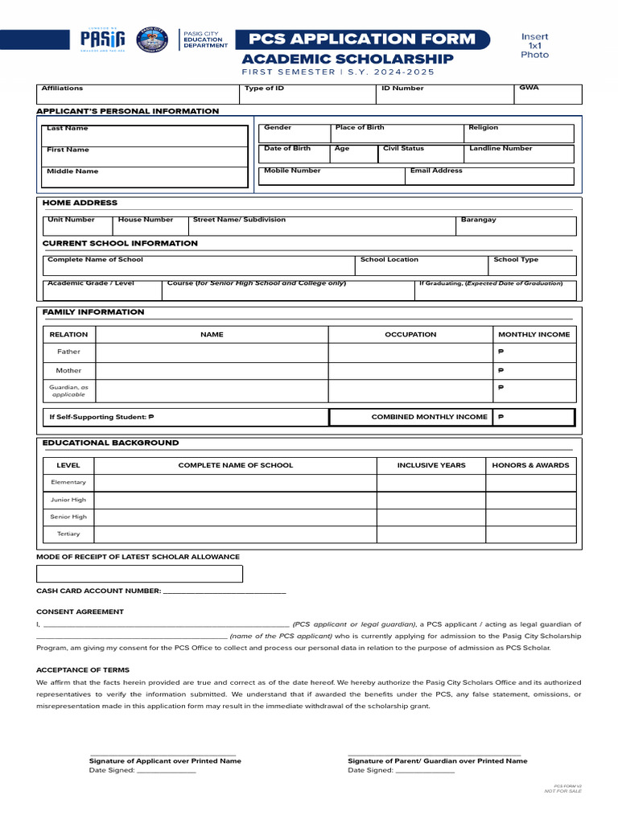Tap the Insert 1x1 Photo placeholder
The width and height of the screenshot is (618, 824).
point(534,46)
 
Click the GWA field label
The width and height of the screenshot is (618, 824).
point(529,87)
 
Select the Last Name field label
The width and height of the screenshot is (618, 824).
point(68,129)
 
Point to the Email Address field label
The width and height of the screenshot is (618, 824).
point(436,171)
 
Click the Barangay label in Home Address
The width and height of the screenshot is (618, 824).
point(478,220)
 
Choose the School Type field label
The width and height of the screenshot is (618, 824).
point(516,260)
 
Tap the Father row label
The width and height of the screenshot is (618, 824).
point(68,352)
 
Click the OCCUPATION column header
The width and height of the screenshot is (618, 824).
point(410,334)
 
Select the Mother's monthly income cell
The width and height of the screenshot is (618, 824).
point(534,371)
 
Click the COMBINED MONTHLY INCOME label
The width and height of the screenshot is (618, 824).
point(429,417)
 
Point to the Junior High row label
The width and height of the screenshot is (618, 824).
point(68,500)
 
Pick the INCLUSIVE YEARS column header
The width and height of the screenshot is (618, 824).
point(431,465)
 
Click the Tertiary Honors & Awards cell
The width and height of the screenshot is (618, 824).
point(530,534)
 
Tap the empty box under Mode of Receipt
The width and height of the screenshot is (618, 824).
point(139,574)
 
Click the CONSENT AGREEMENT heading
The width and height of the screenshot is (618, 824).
point(80,612)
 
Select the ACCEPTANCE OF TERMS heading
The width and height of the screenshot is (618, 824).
point(83,669)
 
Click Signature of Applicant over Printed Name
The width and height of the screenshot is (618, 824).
point(165,760)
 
